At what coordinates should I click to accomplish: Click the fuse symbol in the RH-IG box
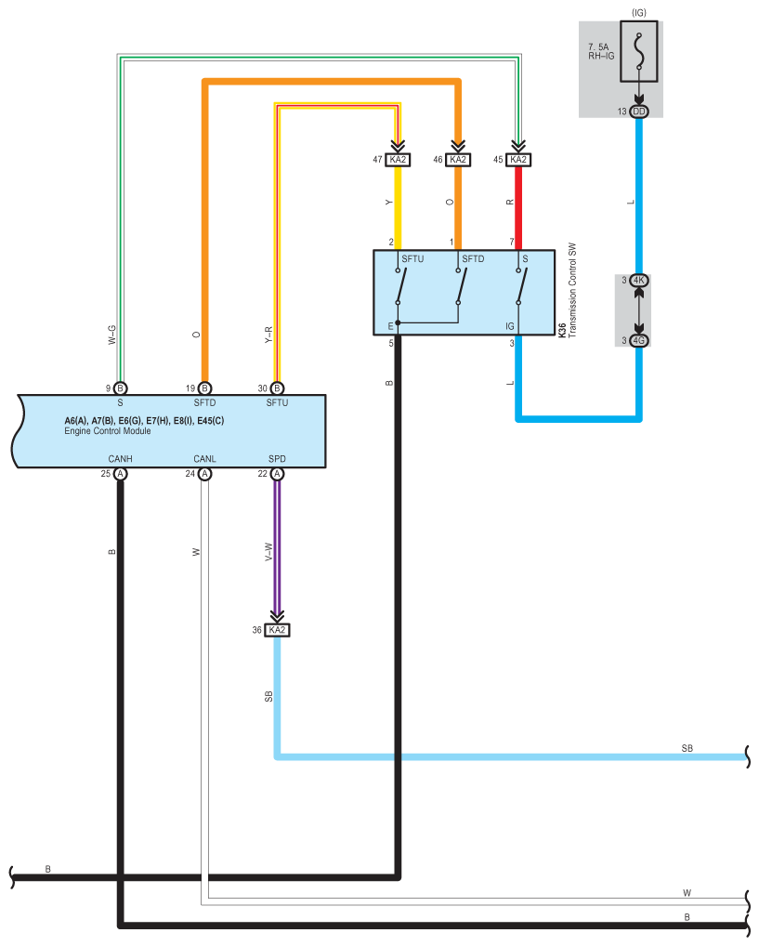(x=639, y=51)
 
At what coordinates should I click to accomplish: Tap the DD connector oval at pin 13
(x=639, y=112)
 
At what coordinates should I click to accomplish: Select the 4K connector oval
(x=639, y=281)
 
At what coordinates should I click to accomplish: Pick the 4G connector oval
(x=639, y=341)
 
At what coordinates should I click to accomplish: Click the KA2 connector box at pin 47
(x=398, y=160)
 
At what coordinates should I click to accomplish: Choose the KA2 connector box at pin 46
(x=458, y=160)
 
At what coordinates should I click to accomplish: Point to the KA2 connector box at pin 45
(x=518, y=160)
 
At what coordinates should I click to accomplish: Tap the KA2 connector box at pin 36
(x=277, y=630)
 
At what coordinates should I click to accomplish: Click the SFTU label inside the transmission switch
(x=412, y=259)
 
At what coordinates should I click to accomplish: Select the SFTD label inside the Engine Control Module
(x=204, y=402)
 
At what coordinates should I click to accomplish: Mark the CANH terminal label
(x=120, y=459)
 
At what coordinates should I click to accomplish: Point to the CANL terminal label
(x=204, y=459)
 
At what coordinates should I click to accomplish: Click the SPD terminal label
(x=277, y=459)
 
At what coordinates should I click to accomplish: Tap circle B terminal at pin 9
(x=120, y=388)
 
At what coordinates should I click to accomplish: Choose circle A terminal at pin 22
(x=277, y=474)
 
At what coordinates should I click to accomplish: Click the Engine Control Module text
(x=108, y=431)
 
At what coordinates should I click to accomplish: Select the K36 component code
(x=562, y=329)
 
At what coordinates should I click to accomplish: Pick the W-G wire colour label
(x=111, y=335)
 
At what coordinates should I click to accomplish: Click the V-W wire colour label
(x=268, y=552)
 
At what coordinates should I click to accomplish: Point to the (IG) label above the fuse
(x=639, y=13)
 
